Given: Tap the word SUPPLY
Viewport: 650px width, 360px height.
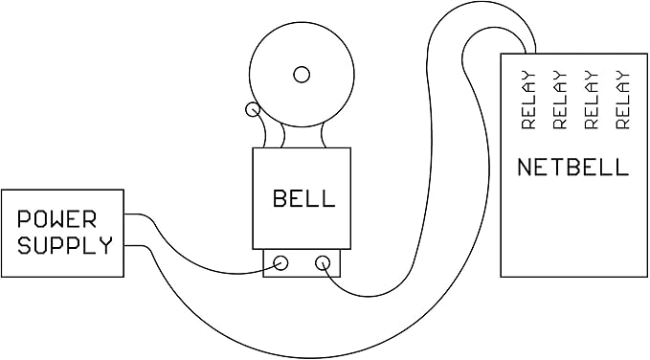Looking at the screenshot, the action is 64,245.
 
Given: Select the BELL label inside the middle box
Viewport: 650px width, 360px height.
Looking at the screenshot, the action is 303,199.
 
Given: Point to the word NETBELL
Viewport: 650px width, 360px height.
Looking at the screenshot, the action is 572,168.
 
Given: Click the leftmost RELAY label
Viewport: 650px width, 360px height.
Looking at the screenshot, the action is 527,101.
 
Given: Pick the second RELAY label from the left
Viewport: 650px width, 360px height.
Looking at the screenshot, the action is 559,101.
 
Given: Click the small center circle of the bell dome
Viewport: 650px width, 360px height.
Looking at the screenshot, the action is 303,74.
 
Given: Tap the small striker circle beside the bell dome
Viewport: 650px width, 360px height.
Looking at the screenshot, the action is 253,110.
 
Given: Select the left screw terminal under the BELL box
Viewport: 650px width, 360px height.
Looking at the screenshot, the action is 282,262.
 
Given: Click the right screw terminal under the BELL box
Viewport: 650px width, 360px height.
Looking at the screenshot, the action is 323,262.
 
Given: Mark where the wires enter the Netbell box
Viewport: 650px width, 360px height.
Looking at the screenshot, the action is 528,53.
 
